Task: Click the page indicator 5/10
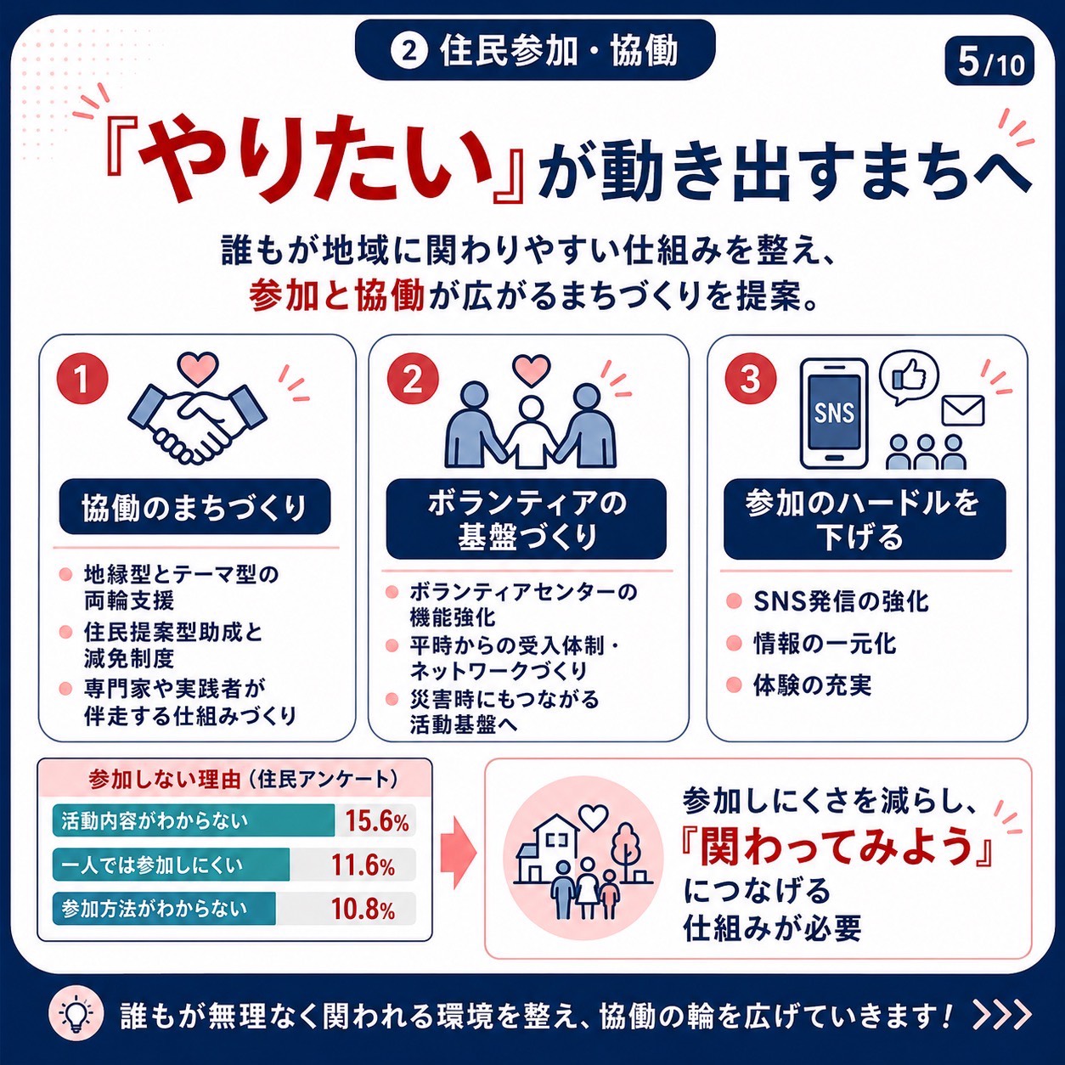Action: (x=989, y=62)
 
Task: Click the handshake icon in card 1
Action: (x=197, y=421)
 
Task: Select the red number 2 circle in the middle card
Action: (x=413, y=380)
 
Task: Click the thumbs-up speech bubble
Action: (x=908, y=378)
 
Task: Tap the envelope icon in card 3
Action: (x=963, y=410)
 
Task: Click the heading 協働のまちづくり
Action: (x=194, y=507)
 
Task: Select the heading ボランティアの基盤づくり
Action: (x=527, y=519)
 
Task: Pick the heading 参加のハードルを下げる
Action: (x=865, y=519)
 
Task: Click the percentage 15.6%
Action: (x=377, y=821)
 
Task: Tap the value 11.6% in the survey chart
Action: (x=363, y=865)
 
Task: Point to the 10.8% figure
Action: (x=363, y=909)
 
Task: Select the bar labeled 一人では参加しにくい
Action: (x=172, y=865)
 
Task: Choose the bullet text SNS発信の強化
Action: (x=841, y=601)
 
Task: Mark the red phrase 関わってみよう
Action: (x=837, y=848)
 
